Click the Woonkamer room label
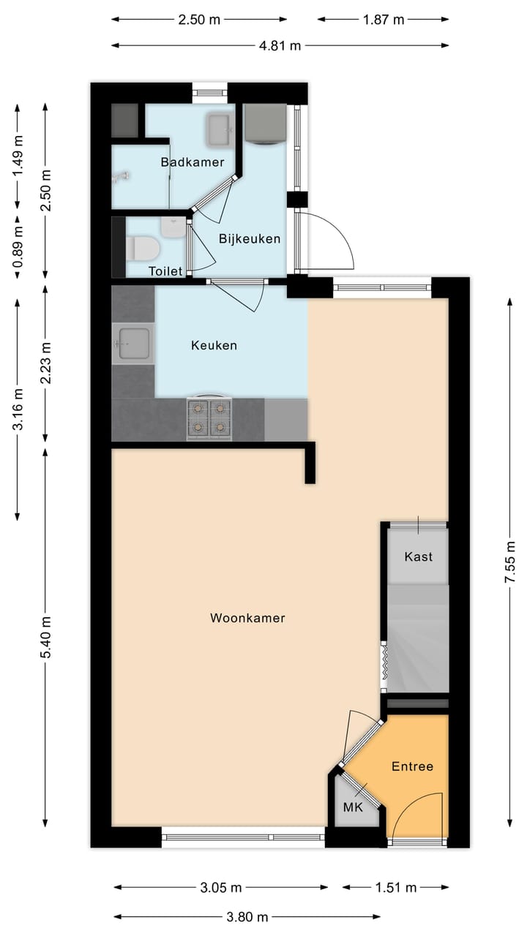pyautogui.click(x=247, y=618)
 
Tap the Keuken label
pyautogui.click(x=214, y=345)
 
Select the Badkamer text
pyautogui.click(x=193, y=162)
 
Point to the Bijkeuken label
pyautogui.click(x=250, y=238)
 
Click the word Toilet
pyautogui.click(x=165, y=271)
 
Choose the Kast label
pyautogui.click(x=418, y=556)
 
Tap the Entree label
pyautogui.click(x=412, y=766)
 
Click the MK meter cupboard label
pyautogui.click(x=354, y=808)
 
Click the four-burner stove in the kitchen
pyautogui.click(x=209, y=418)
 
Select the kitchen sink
pyautogui.click(x=135, y=344)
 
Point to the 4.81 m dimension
pyautogui.click(x=280, y=45)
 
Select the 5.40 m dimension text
pyautogui.click(x=45, y=637)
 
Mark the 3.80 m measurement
pyautogui.click(x=247, y=917)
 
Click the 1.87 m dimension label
pyautogui.click(x=384, y=20)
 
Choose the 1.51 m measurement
pyautogui.click(x=395, y=888)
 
